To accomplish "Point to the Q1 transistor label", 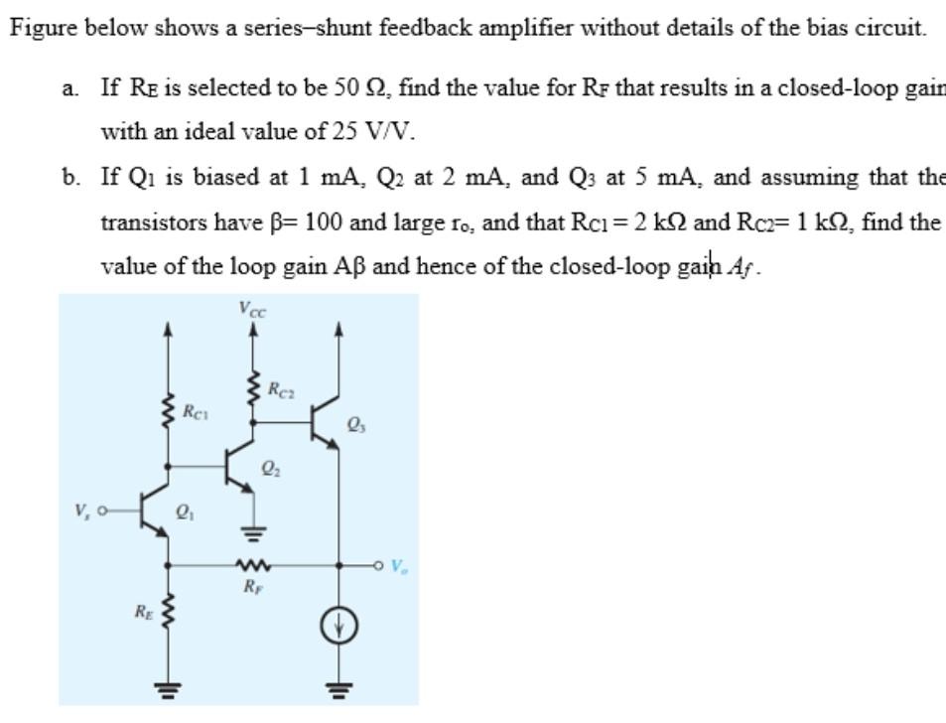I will point(183,512).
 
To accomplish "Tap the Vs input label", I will point(81,511).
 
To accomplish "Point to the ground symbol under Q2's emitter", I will point(250,535).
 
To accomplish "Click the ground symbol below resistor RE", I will point(168,686).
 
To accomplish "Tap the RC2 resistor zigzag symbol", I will point(254,389).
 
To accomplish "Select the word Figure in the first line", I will point(41,27).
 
